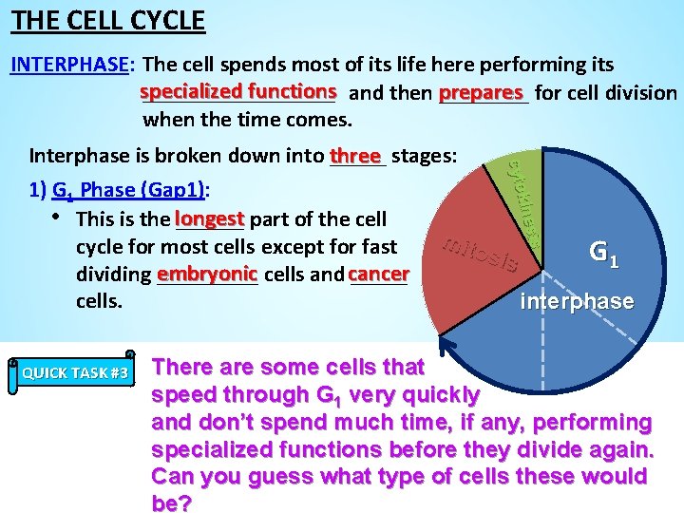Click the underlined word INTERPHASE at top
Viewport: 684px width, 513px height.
[x=69, y=65]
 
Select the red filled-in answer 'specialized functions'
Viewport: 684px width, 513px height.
[x=238, y=91]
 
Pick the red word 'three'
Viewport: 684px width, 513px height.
[x=355, y=155]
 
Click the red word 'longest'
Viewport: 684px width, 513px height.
[x=210, y=218]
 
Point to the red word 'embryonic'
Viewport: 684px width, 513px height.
[x=208, y=274]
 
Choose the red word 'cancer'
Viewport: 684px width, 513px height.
[x=378, y=274]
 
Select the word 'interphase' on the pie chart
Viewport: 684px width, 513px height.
[x=577, y=301]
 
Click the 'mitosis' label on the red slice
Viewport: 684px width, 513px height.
[x=480, y=254]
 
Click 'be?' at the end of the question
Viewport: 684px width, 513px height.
[x=171, y=503]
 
